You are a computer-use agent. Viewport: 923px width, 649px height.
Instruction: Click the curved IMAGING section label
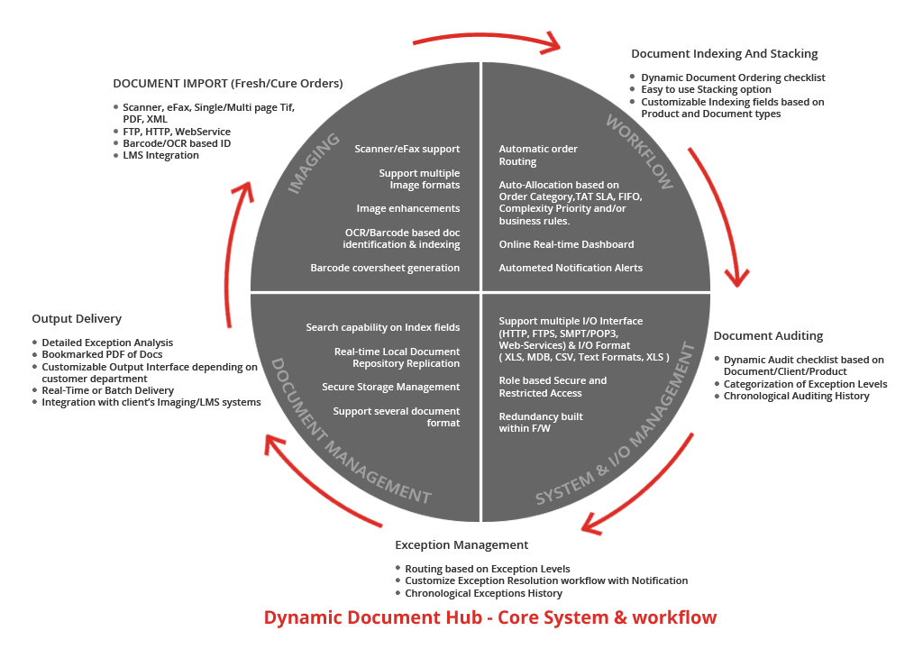click(314, 164)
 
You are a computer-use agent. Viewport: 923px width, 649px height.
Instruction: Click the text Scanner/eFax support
click(407, 149)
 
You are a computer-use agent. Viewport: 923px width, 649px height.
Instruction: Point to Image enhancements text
click(408, 208)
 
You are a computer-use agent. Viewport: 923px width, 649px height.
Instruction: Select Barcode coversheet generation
click(385, 268)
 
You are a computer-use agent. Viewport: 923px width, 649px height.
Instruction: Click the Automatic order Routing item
click(538, 155)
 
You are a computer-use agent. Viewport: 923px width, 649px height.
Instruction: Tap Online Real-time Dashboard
click(566, 244)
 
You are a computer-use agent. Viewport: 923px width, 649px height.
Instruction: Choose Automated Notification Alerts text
click(571, 268)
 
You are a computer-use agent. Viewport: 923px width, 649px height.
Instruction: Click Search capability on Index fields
click(382, 327)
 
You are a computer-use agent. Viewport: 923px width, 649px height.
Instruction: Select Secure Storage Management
click(390, 387)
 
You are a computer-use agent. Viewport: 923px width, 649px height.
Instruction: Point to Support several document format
click(397, 416)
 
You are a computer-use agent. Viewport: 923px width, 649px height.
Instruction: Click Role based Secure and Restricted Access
click(553, 387)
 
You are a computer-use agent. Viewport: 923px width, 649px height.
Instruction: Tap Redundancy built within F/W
click(541, 422)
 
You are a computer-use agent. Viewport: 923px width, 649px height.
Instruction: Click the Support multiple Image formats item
click(419, 178)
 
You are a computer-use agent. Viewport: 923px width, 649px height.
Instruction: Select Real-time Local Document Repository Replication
click(397, 357)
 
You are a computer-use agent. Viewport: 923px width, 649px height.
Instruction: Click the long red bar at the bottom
click(490, 617)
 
